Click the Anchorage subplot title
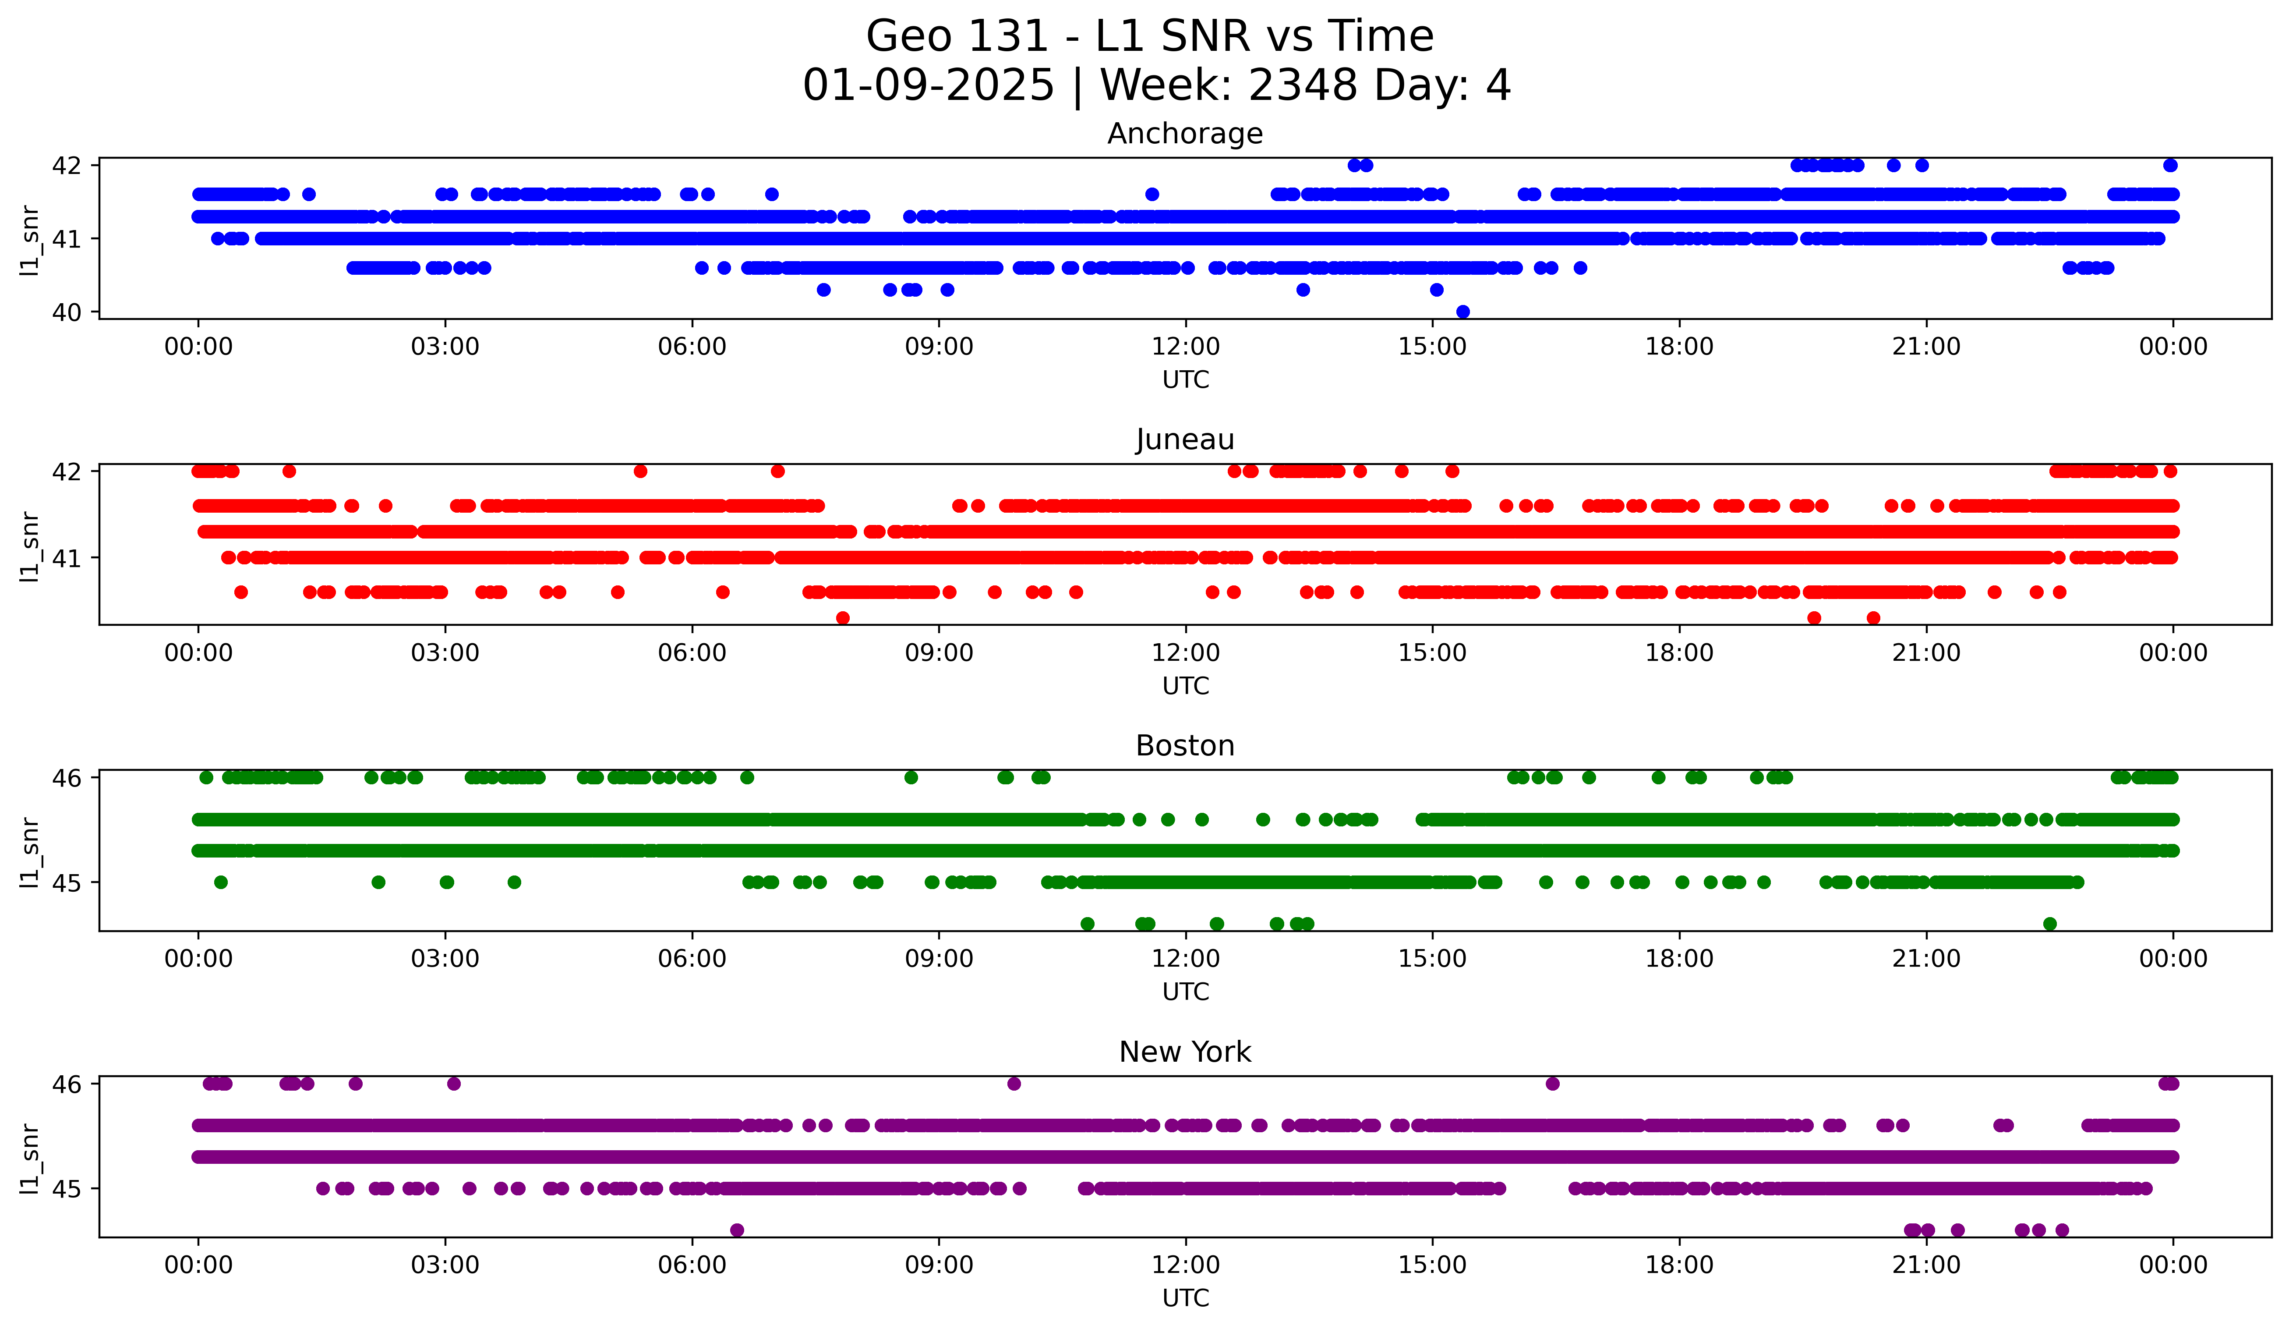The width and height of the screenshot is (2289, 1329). click(1184, 134)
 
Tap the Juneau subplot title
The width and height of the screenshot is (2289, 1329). click(1184, 439)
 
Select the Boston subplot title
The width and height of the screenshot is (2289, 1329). click(1184, 746)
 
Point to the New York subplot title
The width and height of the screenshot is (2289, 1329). click(1184, 1052)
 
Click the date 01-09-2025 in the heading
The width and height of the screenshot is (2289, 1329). click(927, 85)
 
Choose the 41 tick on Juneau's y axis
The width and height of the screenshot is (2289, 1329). click(66, 558)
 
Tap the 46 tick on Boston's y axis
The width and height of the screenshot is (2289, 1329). click(66, 778)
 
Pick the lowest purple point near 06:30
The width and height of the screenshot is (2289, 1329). click(737, 1230)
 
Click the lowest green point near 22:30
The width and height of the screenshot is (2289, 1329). click(2049, 924)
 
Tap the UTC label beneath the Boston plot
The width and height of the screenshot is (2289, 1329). click(1184, 992)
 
